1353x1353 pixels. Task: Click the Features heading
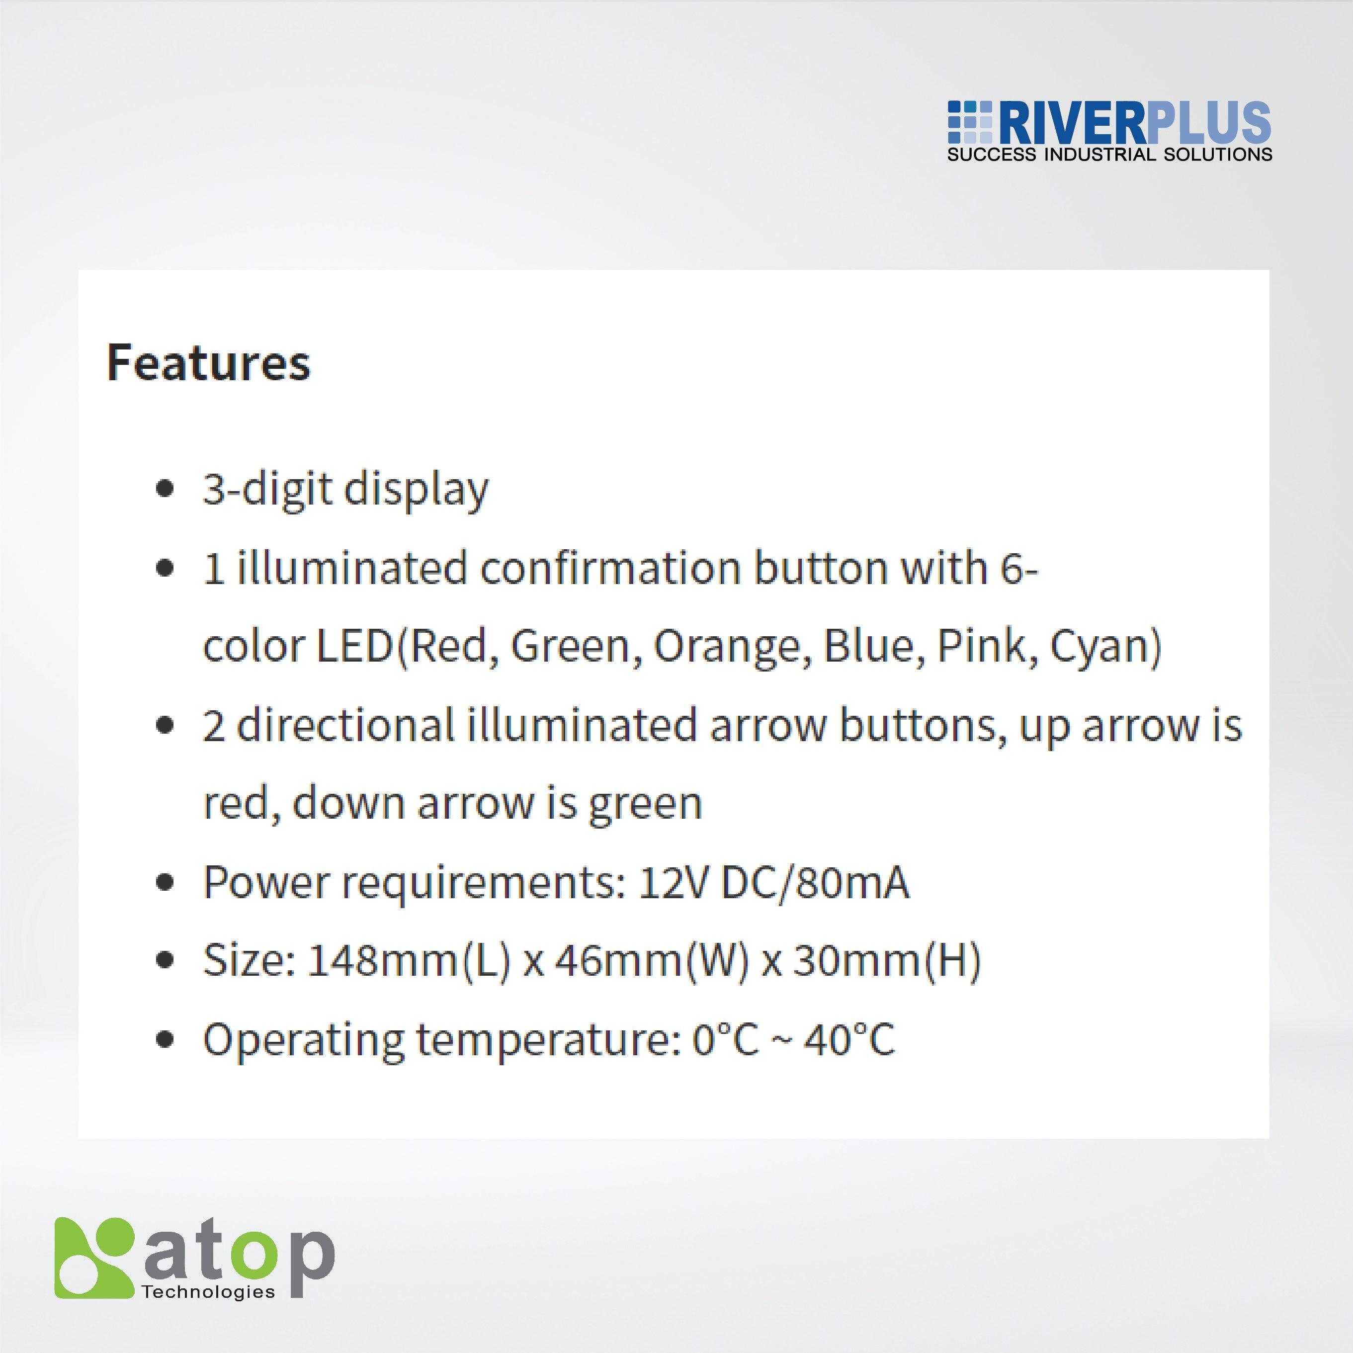pos(208,363)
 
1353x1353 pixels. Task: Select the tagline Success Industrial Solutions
pos(1109,155)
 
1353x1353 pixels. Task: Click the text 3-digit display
pos(345,489)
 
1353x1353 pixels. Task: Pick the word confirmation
pos(610,567)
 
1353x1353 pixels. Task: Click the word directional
pos(346,725)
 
